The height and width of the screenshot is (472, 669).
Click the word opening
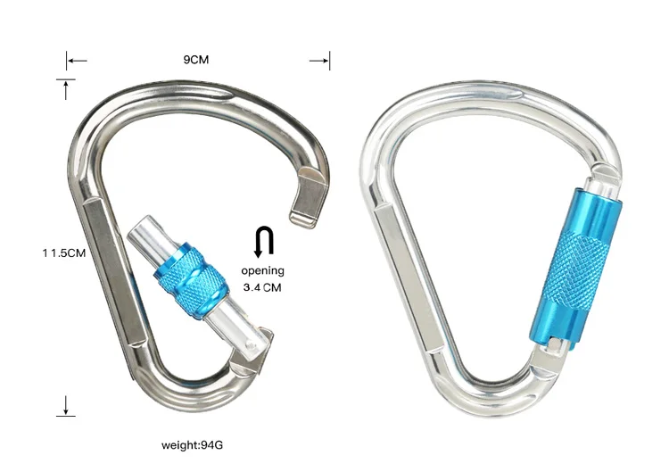coord(262,270)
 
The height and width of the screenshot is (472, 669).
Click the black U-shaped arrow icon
coord(263,242)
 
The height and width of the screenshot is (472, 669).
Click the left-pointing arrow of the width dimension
coord(77,61)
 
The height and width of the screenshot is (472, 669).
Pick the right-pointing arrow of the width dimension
coord(320,61)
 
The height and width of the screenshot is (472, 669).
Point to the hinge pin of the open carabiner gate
coord(256,341)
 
